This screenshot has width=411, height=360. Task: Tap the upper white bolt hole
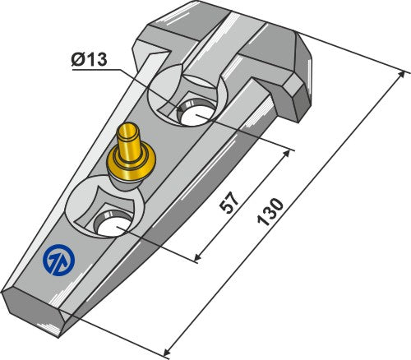(198, 113)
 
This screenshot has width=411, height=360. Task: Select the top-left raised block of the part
(169, 33)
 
